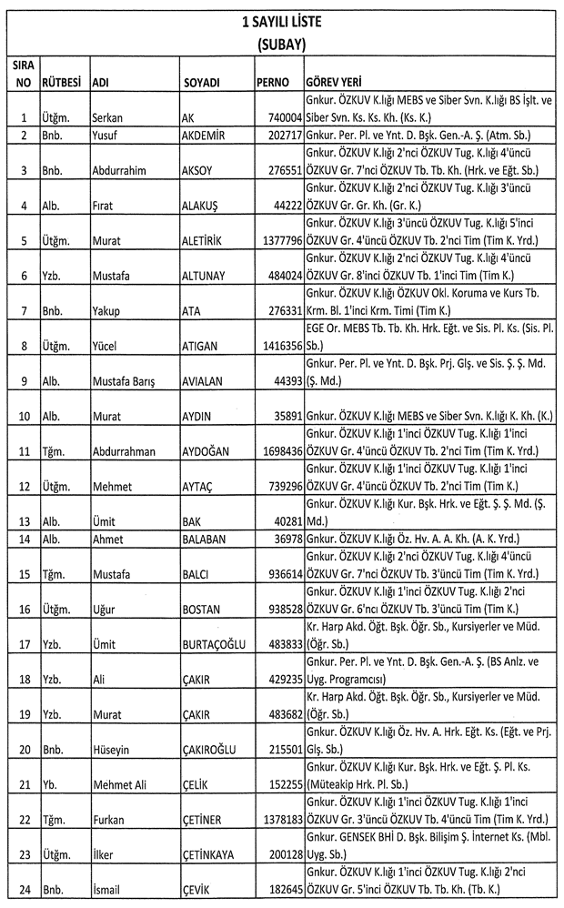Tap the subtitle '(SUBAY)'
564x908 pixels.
point(280,43)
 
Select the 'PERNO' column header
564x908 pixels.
point(273,82)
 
